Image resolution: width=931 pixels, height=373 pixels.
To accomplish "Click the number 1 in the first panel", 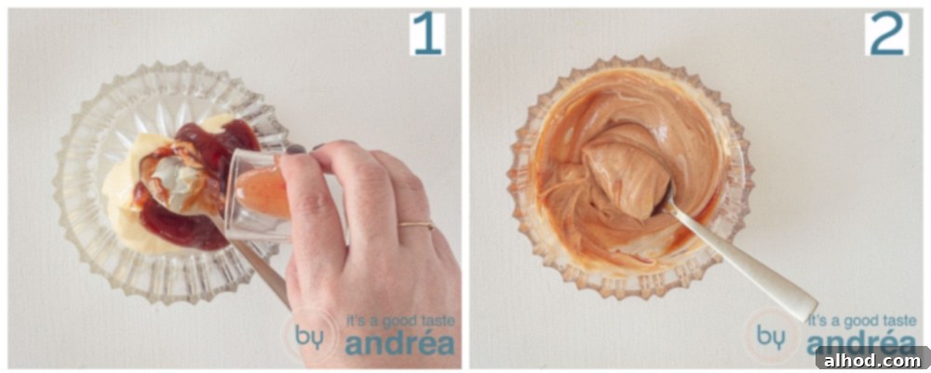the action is (427, 34).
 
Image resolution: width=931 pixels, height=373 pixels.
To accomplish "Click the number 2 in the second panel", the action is (886, 34).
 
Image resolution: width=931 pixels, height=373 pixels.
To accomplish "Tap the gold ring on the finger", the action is (415, 225).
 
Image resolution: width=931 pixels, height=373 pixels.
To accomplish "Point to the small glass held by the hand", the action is (257, 194).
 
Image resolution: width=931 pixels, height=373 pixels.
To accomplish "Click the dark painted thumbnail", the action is (295, 149).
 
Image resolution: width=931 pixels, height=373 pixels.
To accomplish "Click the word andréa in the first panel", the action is (399, 344).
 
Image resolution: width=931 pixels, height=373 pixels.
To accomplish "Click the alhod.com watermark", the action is (870, 360).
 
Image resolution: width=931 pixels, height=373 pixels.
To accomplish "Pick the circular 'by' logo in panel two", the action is (770, 336).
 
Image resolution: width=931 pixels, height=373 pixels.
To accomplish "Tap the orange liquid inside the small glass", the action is (264, 191).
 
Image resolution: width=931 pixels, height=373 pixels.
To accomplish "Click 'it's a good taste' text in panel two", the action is (861, 321).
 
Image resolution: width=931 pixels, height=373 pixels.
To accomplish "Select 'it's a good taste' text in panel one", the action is (399, 321).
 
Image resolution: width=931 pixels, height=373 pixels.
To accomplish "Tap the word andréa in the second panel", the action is (861, 344).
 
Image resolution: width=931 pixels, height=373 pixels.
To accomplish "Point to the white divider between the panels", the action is (465, 186).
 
